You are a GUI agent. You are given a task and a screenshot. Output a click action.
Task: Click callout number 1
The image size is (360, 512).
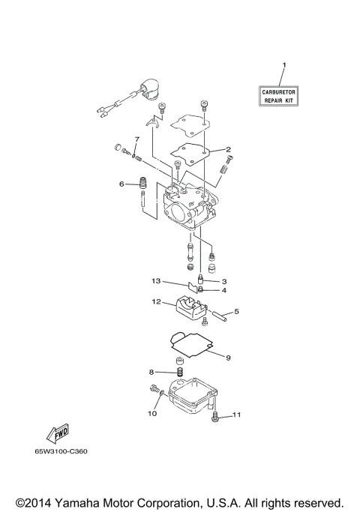(283, 67)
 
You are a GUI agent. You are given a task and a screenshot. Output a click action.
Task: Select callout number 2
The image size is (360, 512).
(228, 149)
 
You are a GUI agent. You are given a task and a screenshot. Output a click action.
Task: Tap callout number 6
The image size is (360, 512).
(121, 184)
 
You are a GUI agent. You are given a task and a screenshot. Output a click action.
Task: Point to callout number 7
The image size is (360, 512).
(136, 140)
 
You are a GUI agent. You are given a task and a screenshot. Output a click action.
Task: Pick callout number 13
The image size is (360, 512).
(156, 281)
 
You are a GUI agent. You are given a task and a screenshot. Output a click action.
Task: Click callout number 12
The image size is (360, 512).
(157, 302)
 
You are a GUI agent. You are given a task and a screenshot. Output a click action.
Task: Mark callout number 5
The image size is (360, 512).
(236, 311)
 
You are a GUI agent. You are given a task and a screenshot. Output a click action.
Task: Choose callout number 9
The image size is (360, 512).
(228, 358)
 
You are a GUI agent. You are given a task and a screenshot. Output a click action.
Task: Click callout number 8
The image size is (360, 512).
(151, 372)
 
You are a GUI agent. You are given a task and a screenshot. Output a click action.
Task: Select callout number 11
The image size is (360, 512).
(236, 414)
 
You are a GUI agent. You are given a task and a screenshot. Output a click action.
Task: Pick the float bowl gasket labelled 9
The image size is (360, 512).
(192, 345)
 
